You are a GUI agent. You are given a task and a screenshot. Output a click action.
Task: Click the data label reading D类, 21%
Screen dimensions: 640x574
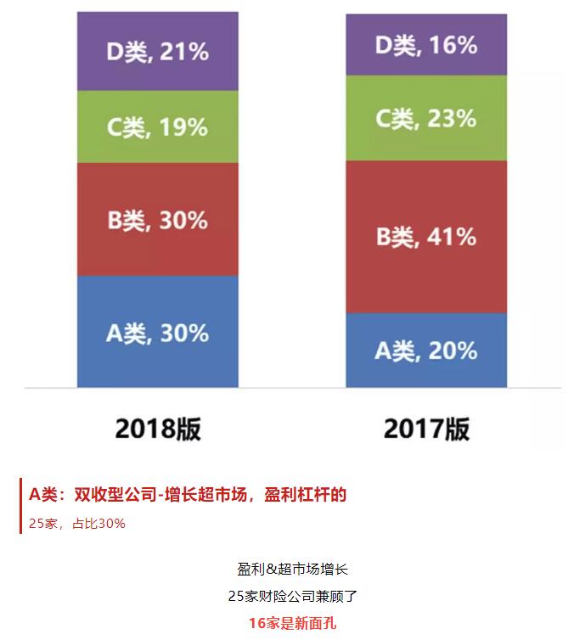157,52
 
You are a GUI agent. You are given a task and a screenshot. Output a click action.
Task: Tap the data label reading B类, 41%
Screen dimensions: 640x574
426,236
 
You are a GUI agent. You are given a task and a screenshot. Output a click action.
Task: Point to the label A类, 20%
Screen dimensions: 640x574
426,350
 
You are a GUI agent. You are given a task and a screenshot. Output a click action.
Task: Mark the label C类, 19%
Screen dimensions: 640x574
157,127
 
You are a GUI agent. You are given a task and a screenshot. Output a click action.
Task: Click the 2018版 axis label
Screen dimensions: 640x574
158,429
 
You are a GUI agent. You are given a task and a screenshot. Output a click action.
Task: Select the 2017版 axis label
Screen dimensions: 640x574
426,429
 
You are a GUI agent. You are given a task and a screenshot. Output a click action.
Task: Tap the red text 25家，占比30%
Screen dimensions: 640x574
77,523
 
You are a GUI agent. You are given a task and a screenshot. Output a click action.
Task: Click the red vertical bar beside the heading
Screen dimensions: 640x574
21,507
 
